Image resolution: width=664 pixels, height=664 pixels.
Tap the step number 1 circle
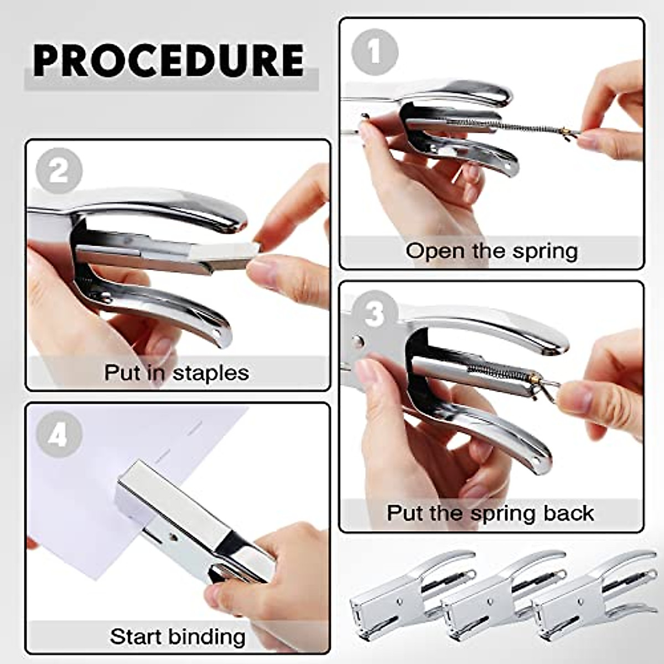375,52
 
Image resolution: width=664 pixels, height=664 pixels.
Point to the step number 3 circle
375,314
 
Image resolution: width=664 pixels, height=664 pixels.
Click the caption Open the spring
491,251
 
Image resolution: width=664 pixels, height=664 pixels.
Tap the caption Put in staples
177,372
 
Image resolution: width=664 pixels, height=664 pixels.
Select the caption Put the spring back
490,513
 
